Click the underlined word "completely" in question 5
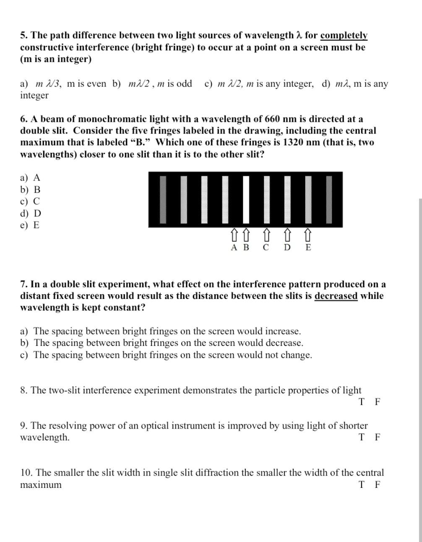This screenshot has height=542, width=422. click(344, 35)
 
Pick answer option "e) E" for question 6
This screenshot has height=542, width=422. click(30, 225)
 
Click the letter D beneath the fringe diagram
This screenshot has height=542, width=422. click(287, 247)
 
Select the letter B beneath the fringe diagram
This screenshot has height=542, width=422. click(246, 247)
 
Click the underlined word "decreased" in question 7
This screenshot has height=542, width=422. click(336, 296)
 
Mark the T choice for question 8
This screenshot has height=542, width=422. click(362, 402)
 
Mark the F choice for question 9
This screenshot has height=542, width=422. click(378, 437)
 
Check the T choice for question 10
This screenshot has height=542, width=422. click(362, 484)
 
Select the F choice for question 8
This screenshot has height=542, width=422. click(378, 402)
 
